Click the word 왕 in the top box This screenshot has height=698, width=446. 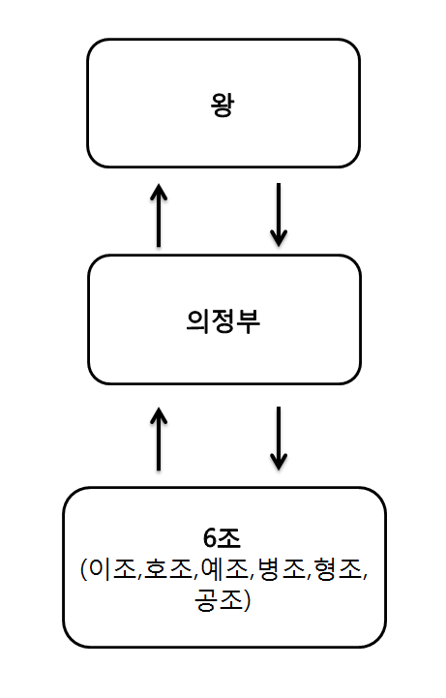point(223,104)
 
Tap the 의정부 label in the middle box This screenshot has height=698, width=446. point(223,320)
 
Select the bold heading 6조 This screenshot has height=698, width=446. point(223,538)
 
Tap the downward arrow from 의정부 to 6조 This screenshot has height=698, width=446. point(279,439)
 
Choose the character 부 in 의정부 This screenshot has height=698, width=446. point(250,320)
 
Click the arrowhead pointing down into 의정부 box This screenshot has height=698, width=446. point(279,236)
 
